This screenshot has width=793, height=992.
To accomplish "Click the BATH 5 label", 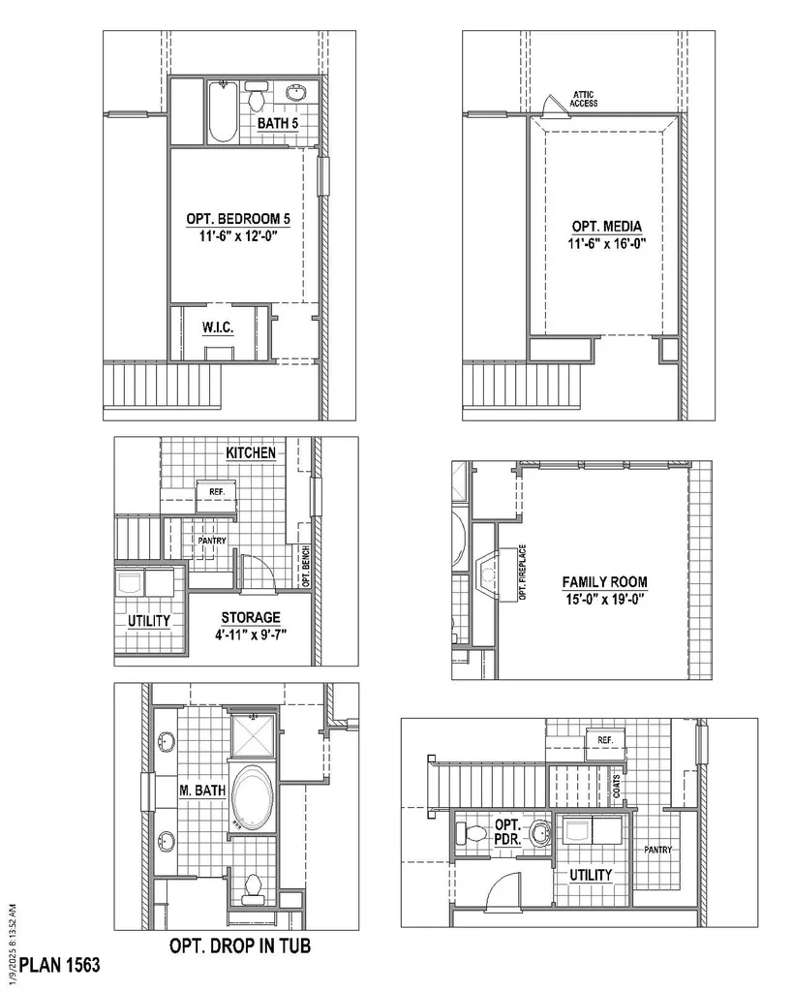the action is tap(277, 123).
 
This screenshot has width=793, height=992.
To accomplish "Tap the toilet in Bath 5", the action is tap(257, 96).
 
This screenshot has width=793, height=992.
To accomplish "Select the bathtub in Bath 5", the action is tap(223, 111).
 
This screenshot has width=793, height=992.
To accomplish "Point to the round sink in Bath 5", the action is tap(295, 93).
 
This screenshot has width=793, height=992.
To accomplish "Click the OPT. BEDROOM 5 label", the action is tap(238, 219).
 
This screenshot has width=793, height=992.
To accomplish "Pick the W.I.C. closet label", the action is tap(218, 327).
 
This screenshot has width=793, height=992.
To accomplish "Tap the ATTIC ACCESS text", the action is tap(583, 99).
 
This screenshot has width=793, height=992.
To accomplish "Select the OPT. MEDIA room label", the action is tap(606, 227).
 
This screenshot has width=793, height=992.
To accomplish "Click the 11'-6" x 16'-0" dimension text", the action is tap(606, 243).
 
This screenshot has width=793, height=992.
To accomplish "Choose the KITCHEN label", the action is tap(251, 452).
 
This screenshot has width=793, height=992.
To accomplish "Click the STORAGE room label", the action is tap(251, 617).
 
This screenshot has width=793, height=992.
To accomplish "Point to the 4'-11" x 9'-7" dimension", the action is tap(251, 635).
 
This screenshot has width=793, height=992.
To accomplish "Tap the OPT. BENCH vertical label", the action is tap(305, 566).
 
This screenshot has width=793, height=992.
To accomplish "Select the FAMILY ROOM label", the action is tap(604, 582).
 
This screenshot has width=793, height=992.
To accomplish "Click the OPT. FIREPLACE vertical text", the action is tap(522, 573).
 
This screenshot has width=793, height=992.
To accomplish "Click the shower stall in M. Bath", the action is tap(253, 736).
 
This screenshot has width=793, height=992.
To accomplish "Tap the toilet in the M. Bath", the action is tap(253, 887).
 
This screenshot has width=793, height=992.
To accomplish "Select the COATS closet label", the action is tap(617, 787).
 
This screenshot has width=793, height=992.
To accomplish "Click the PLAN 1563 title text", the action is tap(60, 965).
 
